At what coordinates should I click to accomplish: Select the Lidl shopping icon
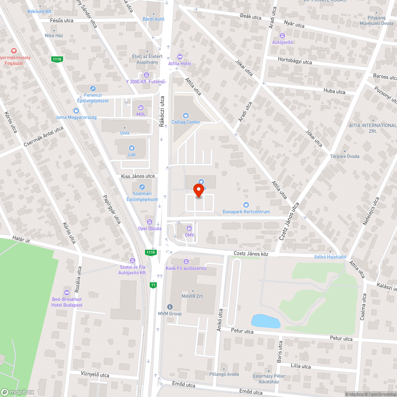(131, 148)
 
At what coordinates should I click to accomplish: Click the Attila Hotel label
(180, 64)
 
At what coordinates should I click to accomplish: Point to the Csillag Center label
(186, 122)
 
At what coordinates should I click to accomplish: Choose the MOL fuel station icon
(141, 108)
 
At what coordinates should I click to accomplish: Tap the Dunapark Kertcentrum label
(246, 212)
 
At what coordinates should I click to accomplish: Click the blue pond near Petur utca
(266, 321)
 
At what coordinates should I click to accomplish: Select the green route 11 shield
(153, 285)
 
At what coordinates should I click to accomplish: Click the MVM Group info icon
(170, 306)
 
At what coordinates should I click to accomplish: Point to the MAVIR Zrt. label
(193, 296)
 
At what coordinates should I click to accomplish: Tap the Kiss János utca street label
(138, 176)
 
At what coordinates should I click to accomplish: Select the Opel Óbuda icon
(150, 222)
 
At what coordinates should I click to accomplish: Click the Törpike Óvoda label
(345, 156)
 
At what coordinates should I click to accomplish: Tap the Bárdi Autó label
(153, 19)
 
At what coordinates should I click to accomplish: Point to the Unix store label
(125, 133)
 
